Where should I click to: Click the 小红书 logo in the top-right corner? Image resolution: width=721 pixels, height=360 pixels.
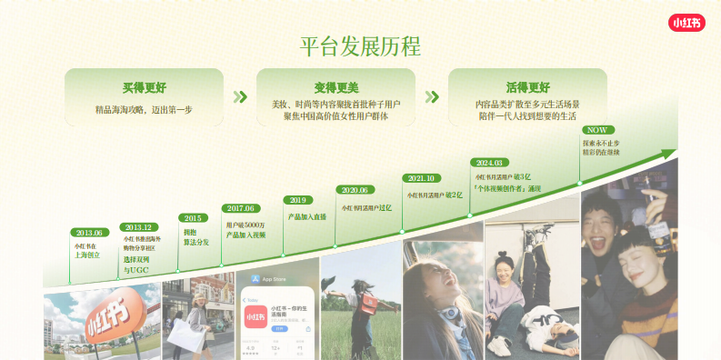coord(686,22)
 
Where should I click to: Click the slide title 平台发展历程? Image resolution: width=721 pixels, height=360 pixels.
coord(360,46)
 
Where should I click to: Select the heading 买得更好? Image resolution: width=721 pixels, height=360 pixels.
coord(145,88)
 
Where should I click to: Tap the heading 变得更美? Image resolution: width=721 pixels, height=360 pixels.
coord(336,88)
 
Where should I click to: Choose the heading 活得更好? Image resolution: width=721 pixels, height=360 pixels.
coord(527,88)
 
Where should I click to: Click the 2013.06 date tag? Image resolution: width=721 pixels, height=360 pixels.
coord(89,233)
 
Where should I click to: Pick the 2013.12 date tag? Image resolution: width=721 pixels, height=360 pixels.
coord(138,227)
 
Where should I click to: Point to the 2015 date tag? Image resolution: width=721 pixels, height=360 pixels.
coord(193,218)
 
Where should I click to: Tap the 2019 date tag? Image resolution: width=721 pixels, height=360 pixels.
coord(297,200)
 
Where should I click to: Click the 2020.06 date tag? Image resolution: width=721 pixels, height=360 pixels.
coord(355,190)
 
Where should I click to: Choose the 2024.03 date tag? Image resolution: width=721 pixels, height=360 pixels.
coord(489,163)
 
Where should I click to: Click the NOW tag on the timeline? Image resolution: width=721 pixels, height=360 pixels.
coord(597,130)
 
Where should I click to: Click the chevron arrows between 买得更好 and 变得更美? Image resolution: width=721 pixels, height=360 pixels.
coord(240,96)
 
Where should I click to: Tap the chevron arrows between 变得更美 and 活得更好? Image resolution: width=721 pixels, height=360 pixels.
coord(432,96)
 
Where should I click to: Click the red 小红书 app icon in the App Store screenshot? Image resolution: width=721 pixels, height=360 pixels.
coord(255,316)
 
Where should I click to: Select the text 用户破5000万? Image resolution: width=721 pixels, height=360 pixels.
coord(245,224)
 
